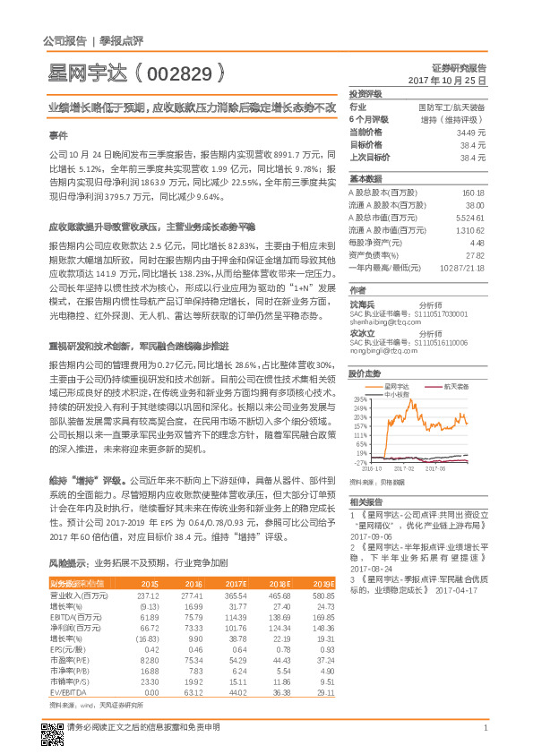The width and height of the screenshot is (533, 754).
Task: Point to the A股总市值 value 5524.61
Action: (469, 217)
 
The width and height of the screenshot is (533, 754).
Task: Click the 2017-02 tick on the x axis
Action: (404, 467)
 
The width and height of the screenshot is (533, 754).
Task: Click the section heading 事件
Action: (57, 134)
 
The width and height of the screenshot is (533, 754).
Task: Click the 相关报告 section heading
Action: (365, 501)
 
